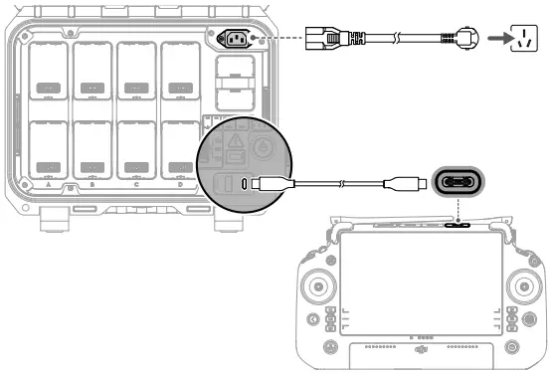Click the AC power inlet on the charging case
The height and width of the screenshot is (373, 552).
click(x=239, y=41)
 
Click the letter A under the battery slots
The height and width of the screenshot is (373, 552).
click(x=49, y=185)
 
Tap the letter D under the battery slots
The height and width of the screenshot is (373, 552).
click(x=180, y=185)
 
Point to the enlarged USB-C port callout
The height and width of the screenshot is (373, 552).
click(x=460, y=184)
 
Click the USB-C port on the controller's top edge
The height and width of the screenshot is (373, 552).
click(x=459, y=225)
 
